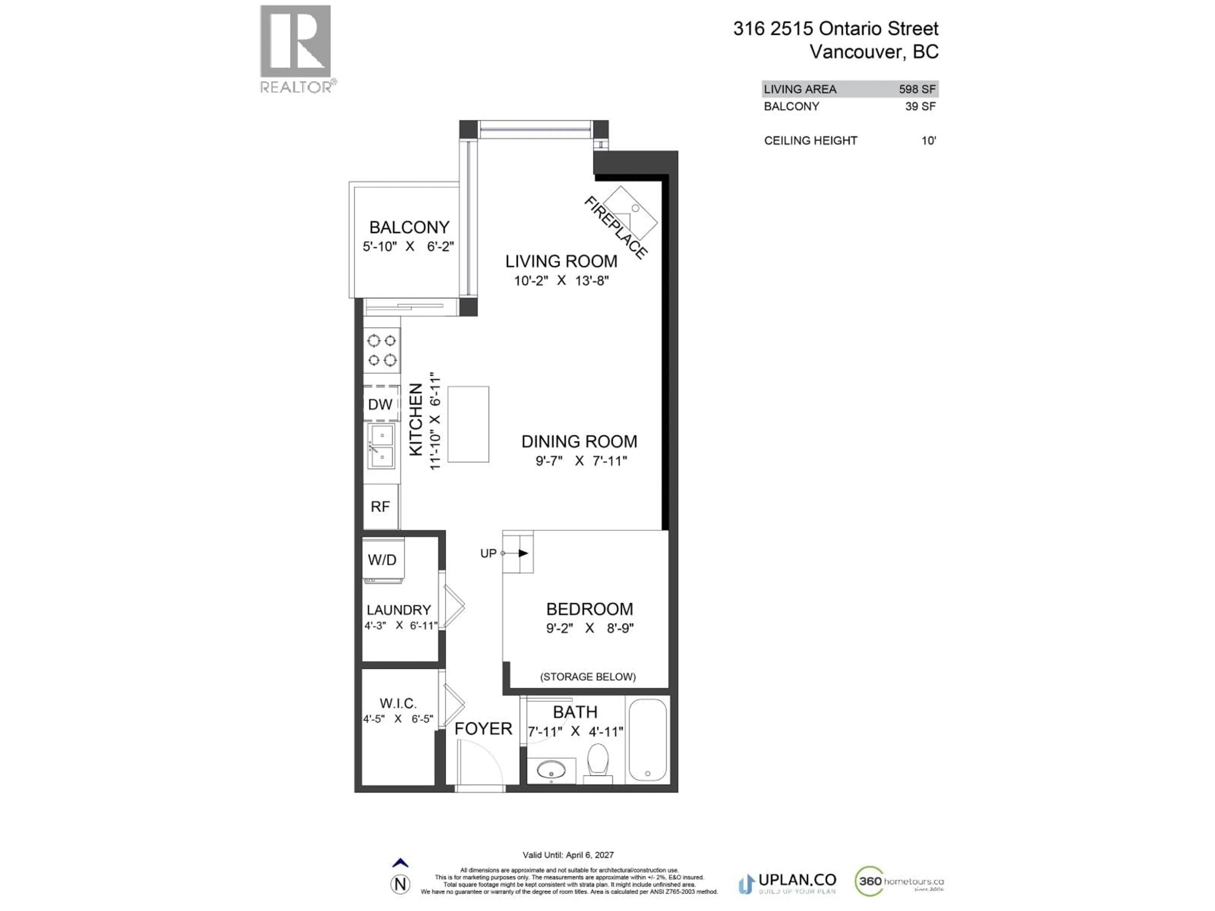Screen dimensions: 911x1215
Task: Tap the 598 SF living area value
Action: [917, 89]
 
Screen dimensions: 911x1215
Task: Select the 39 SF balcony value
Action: [920, 107]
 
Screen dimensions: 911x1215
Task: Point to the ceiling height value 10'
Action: [928, 140]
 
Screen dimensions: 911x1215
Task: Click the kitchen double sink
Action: [381, 446]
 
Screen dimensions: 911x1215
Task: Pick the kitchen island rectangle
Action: [468, 424]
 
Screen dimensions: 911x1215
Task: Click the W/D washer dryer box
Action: [382, 560]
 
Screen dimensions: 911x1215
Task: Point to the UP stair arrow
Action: [522, 553]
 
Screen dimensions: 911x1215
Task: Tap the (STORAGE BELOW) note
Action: [588, 677]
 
